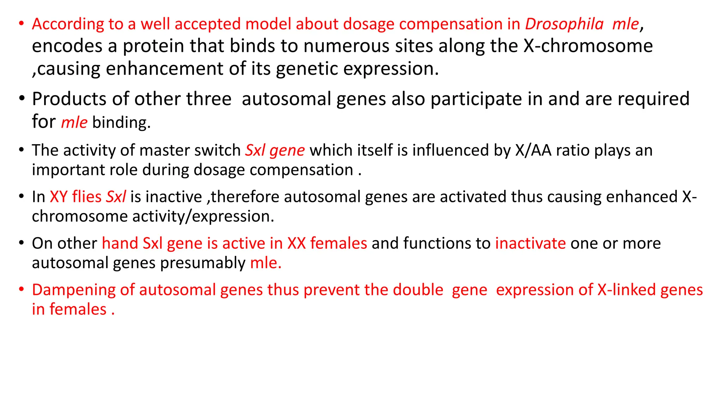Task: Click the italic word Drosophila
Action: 564,24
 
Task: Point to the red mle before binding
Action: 74,122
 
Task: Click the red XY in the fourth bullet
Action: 59,197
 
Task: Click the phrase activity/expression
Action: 203,216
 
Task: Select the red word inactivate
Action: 530,243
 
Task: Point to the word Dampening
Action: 73,290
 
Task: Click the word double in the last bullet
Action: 418,290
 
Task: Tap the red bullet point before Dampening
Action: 22,289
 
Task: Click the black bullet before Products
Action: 22,98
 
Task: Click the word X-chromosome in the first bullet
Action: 588,46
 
